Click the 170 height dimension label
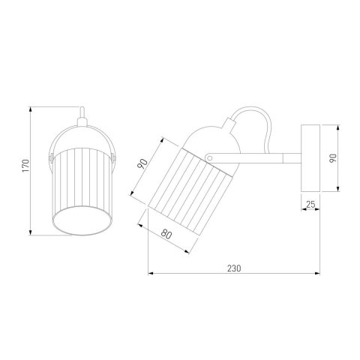click(25, 165)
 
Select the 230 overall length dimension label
click(234, 268)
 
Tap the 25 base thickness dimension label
click(310, 204)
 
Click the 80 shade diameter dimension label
click(166, 234)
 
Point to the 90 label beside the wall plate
click(333, 158)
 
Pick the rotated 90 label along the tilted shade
click(142, 163)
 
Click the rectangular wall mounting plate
click(310, 158)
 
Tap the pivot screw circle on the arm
click(210, 158)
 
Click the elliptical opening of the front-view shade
click(82, 220)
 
